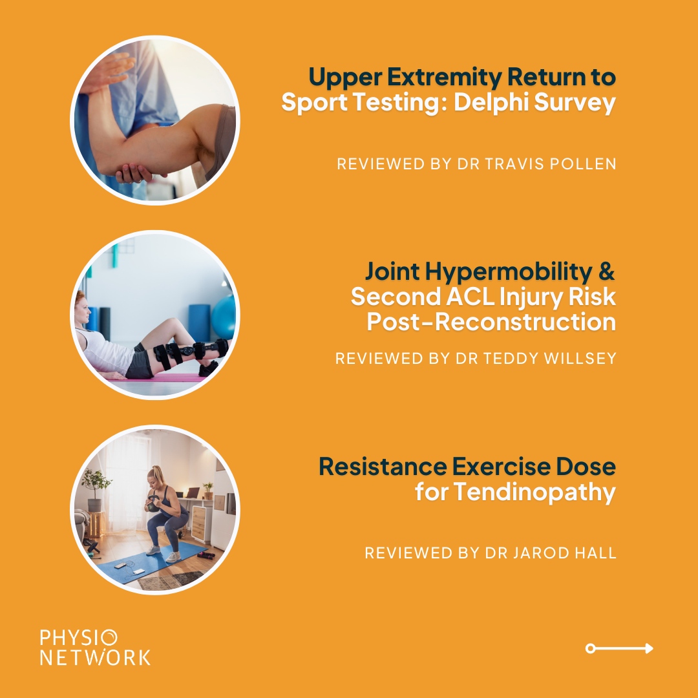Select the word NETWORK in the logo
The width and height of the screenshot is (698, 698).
[94, 657]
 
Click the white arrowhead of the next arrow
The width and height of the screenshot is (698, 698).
[649, 648]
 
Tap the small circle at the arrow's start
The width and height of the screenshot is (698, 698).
[590, 648]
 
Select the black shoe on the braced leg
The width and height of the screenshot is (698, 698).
[209, 368]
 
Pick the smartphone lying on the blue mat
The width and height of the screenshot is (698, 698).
[120, 564]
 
